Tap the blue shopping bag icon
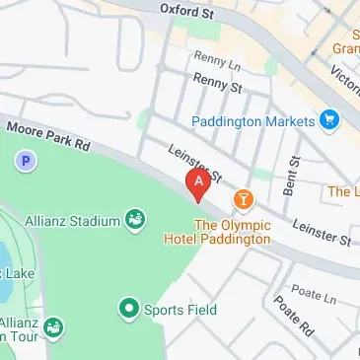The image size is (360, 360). [329, 121]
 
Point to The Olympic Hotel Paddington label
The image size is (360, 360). [232, 232]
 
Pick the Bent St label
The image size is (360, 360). [292, 173]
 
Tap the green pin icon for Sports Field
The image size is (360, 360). [128, 310]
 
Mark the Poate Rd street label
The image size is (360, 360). [293, 315]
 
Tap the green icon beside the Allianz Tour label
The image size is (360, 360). [53, 326]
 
